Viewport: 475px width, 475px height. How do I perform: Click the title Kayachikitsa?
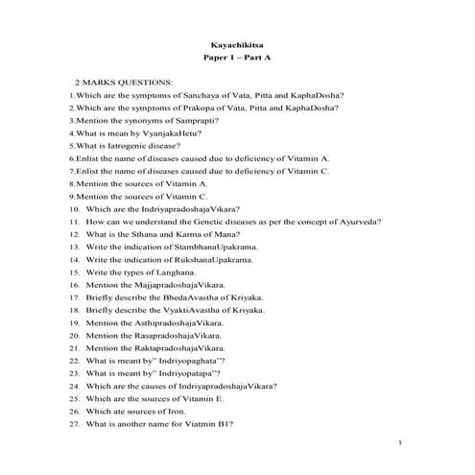tap(237, 44)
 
